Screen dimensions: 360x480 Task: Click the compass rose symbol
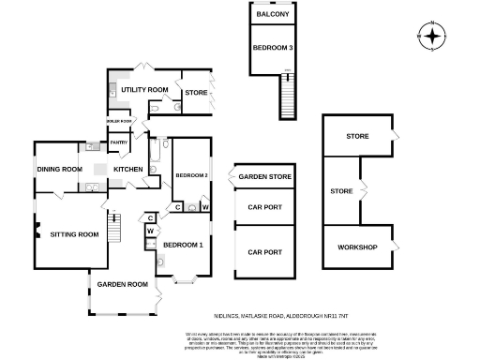431,37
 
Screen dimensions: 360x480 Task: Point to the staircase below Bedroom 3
286,95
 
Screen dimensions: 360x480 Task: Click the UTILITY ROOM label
143,90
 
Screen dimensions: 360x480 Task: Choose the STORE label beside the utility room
195,92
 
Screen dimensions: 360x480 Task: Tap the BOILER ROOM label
118,121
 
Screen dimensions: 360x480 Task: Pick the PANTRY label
119,142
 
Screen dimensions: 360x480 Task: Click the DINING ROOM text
60,169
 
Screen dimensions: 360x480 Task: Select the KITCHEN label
127,169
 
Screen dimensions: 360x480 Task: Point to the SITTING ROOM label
74,233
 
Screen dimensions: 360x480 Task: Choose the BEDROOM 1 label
183,245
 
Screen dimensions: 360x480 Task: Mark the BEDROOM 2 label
191,175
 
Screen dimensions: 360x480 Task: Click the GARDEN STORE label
264,176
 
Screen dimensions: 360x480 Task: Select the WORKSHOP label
357,247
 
